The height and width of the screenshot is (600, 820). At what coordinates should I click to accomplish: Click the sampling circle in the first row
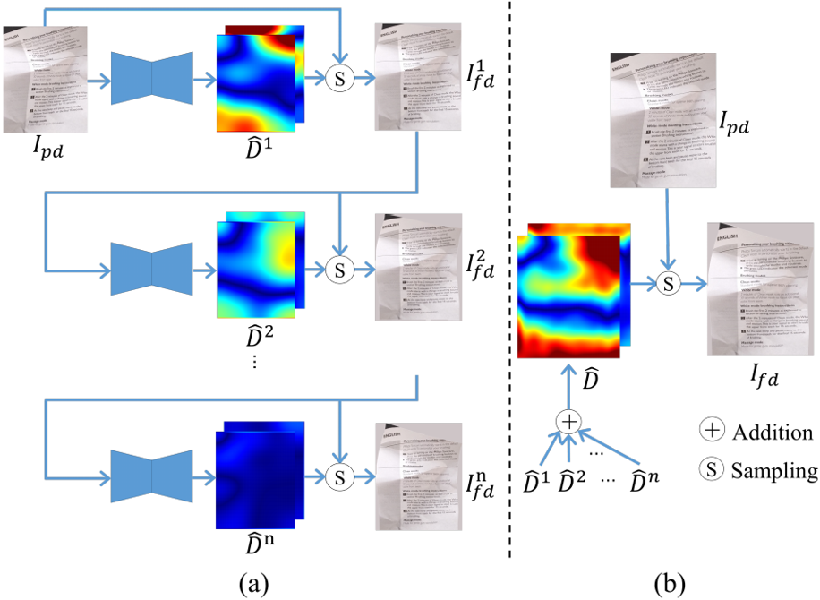click(x=339, y=78)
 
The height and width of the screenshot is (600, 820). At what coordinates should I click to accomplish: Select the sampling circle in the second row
click(x=339, y=268)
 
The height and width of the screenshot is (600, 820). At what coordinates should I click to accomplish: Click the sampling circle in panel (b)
click(x=666, y=283)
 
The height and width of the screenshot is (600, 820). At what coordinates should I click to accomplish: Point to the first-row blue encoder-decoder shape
click(x=151, y=78)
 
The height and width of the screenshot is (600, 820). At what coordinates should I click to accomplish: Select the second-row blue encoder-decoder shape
click(x=151, y=268)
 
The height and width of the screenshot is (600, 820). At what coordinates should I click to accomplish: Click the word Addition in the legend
click(x=773, y=433)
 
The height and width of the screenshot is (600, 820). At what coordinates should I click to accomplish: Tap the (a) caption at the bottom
click(x=254, y=583)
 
